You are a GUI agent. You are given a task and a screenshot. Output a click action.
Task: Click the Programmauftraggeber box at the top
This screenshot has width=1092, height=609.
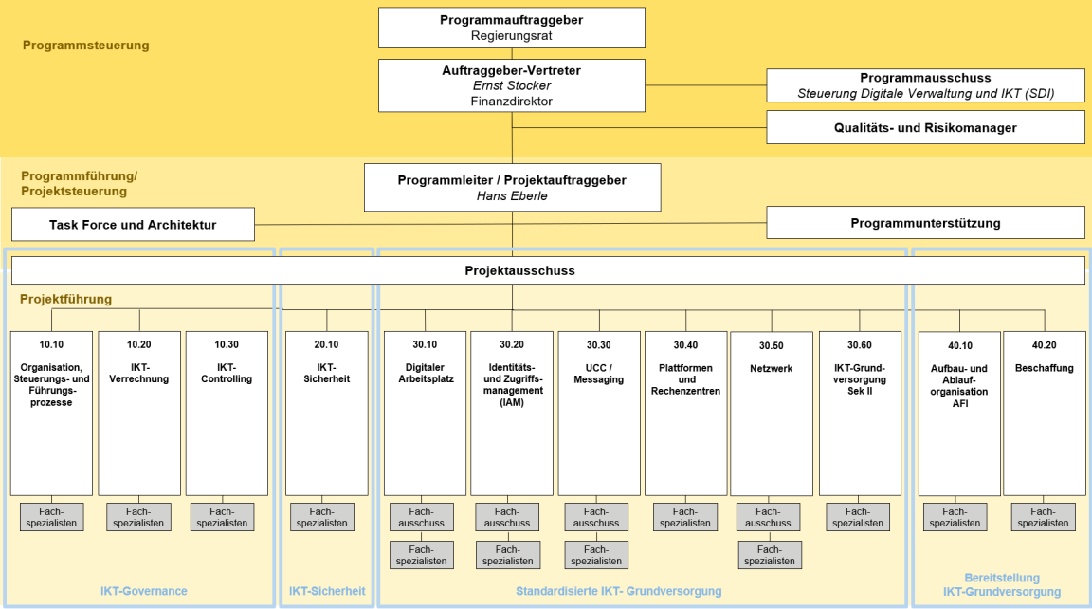click(x=512, y=28)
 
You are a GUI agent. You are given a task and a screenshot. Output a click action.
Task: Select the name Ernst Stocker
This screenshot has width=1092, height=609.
click(x=512, y=85)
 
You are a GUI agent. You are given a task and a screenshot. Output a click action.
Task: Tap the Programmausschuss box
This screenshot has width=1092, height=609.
click(x=925, y=85)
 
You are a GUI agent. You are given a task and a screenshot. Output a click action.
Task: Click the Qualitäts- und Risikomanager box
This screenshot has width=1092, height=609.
click(x=925, y=127)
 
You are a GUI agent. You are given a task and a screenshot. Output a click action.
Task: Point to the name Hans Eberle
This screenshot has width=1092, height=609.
click(x=512, y=196)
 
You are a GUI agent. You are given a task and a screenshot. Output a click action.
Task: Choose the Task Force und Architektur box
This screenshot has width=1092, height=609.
click(x=133, y=225)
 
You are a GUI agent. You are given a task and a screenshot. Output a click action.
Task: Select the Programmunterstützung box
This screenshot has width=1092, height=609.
click(x=925, y=223)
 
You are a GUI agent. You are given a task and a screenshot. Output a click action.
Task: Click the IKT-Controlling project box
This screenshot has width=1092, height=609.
click(x=227, y=413)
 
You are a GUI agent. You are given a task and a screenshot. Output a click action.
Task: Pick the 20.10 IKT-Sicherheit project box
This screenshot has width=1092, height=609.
click(x=327, y=413)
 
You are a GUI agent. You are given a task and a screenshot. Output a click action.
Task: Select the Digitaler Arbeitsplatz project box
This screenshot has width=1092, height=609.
click(x=425, y=413)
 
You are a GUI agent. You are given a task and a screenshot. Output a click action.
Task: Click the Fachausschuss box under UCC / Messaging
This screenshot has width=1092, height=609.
click(x=596, y=517)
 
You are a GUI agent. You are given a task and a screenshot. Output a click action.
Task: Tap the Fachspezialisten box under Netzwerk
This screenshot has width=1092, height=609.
click(x=769, y=555)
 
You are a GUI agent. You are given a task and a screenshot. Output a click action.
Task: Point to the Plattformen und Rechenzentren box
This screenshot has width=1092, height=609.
click(x=686, y=413)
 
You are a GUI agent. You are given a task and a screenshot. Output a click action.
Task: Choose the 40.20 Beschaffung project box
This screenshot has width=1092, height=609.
click(x=1044, y=413)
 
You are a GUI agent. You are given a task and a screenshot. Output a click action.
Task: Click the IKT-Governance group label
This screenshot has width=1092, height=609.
click(x=144, y=591)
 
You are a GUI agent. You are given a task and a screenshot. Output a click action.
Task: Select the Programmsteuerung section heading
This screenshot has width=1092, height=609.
click(x=86, y=46)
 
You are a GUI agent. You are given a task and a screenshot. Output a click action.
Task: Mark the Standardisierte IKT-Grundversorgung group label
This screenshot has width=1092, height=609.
click(x=618, y=591)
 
